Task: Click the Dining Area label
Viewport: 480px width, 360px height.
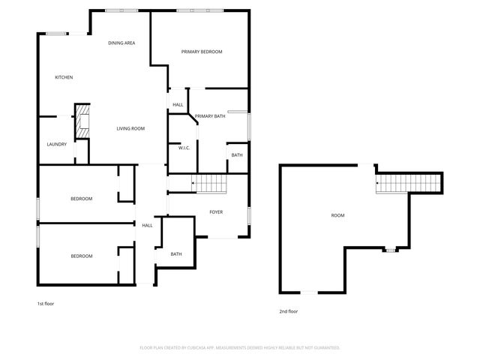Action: (121, 43)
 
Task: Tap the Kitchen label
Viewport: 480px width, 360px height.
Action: (64, 78)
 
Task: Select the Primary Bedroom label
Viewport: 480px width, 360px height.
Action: (202, 52)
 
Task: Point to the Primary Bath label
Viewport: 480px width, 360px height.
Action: (210, 116)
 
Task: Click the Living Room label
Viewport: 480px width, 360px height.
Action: (130, 129)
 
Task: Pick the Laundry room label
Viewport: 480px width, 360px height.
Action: (57, 145)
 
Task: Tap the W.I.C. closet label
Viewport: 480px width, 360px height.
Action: (184, 148)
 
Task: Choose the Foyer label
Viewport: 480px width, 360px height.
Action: (216, 212)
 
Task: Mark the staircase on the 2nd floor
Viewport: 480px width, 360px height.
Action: (410, 182)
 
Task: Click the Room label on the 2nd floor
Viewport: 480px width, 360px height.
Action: (338, 216)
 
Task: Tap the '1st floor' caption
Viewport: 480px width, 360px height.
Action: (46, 304)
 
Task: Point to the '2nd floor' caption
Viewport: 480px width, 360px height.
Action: (289, 311)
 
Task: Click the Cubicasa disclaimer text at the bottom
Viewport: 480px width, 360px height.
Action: (240, 348)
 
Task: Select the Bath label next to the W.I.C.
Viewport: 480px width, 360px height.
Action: (237, 155)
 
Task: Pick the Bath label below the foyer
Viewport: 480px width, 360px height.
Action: (176, 254)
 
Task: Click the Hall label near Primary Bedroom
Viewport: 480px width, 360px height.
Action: (178, 105)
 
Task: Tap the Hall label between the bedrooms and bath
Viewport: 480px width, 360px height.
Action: (147, 225)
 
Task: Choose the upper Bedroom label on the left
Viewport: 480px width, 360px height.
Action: (82, 199)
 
